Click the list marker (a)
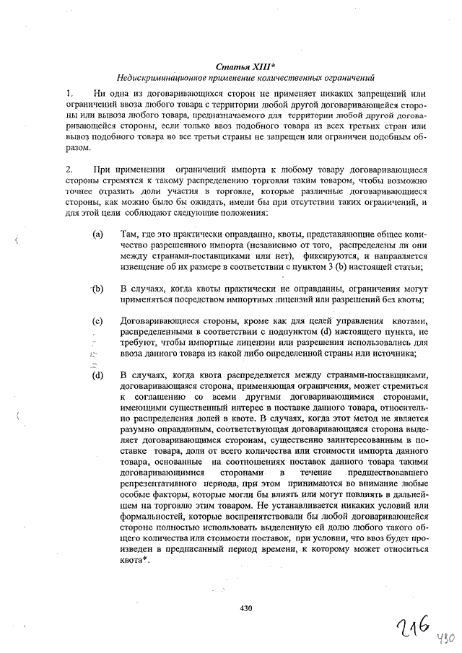tap(97, 235)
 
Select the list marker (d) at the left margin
tap(97, 375)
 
